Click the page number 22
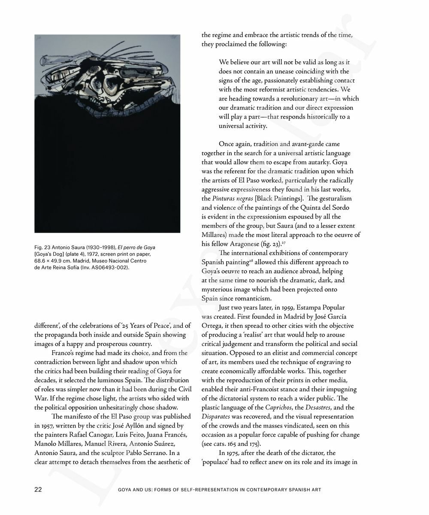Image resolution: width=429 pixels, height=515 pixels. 37,490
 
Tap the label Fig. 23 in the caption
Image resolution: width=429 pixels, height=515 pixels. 43,248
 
